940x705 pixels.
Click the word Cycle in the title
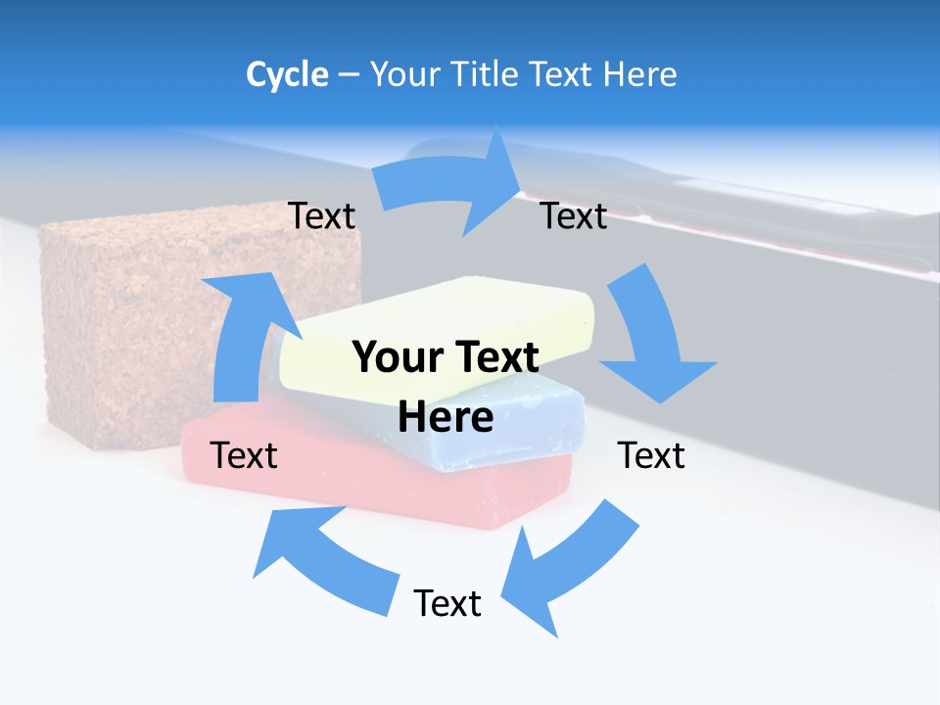coord(287,74)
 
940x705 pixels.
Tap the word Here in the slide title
coord(640,74)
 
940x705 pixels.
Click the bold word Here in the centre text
coord(446,417)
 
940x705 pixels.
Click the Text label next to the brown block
coord(321,216)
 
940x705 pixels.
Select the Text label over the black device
coord(574,216)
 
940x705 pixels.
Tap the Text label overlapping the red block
coord(244,455)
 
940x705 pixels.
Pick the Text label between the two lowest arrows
coord(447,603)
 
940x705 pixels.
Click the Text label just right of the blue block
coord(651,455)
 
